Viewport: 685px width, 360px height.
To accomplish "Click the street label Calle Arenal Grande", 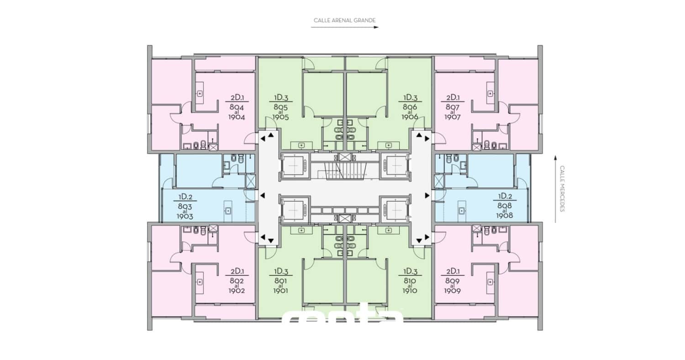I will pyautogui.click(x=344, y=21).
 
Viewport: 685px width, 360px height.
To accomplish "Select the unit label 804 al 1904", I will pyautogui.click(x=237, y=112).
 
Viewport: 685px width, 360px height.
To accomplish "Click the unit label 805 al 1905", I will pyautogui.click(x=281, y=112).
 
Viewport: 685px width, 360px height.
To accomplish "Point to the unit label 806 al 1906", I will pyautogui.click(x=410, y=112).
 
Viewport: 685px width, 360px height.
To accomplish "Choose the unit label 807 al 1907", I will pyautogui.click(x=452, y=112).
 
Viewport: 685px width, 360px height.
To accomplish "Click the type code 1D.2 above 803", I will pyautogui.click(x=185, y=197).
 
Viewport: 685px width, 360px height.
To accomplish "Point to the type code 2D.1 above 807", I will pyautogui.click(x=452, y=97).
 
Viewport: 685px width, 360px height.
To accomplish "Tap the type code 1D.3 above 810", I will pyautogui.click(x=410, y=271).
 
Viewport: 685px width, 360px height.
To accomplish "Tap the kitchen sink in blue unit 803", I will pyautogui.click(x=228, y=211).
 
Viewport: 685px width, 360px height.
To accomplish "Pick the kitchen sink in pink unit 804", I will pyautogui.click(x=200, y=93).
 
